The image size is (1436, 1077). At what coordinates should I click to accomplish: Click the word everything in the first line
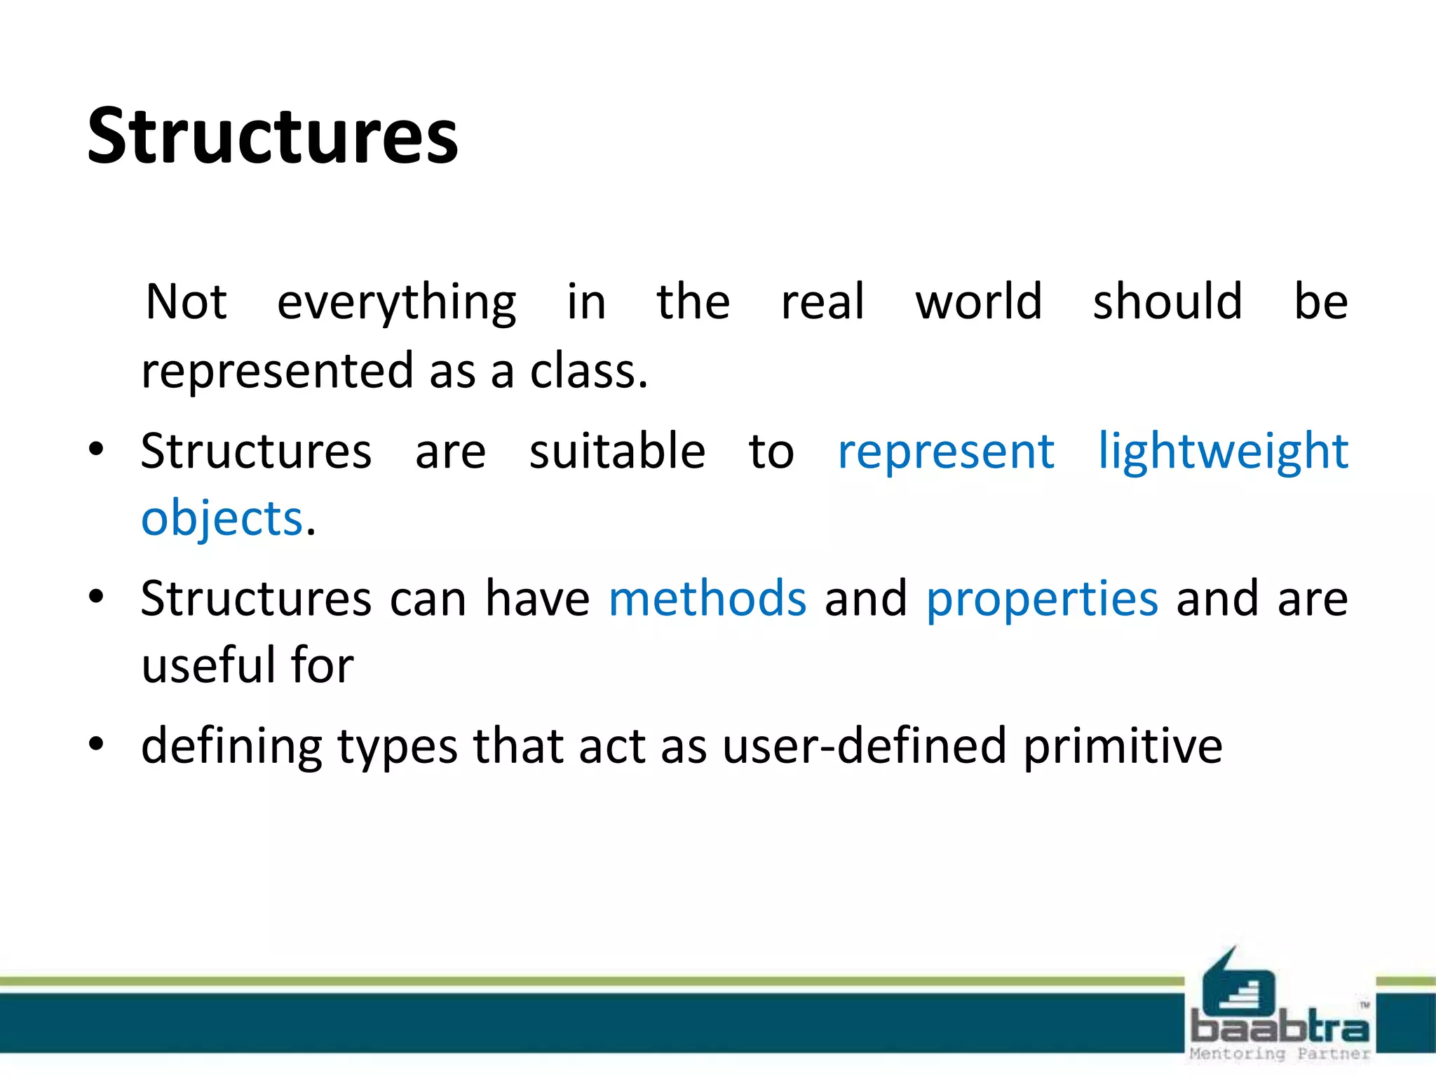point(397,303)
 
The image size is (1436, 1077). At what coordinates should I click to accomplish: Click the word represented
point(277,372)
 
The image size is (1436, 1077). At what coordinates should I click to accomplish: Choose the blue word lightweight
point(1222,452)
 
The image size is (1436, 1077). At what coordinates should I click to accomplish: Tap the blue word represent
point(946,452)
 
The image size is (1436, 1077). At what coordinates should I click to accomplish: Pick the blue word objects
point(222,519)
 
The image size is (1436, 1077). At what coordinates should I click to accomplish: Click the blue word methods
point(707,599)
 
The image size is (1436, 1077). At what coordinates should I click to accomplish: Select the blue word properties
point(1042,600)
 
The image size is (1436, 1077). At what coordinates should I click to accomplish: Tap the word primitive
point(1123,747)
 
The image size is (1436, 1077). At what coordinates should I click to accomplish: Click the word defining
point(231,747)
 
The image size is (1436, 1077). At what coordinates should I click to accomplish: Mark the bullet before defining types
point(97,744)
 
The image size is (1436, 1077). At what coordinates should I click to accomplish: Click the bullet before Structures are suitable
point(97,449)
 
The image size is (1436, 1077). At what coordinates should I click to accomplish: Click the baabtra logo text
point(1280,1028)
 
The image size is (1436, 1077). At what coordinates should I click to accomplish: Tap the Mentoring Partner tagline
point(1280,1053)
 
